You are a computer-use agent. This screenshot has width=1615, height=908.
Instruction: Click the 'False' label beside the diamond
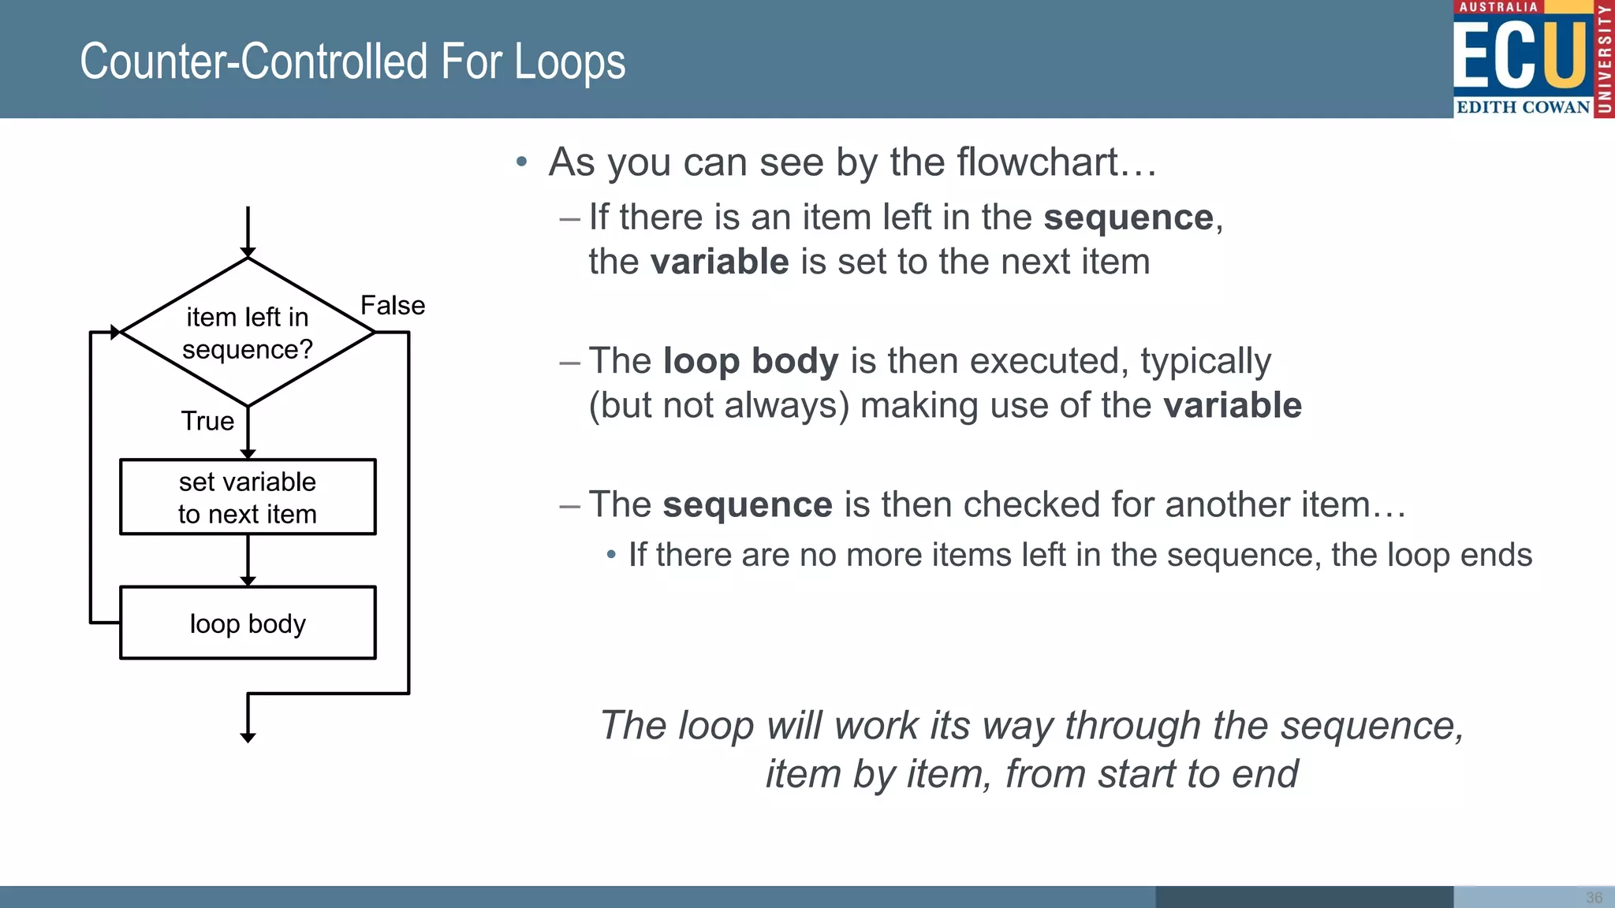(x=392, y=306)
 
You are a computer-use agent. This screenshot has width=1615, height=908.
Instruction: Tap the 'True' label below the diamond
(x=207, y=421)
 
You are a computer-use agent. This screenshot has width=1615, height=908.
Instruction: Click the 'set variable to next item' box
(x=248, y=497)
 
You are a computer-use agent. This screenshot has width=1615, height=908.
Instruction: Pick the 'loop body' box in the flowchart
(x=248, y=623)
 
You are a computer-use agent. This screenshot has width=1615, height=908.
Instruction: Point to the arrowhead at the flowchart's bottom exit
(x=248, y=738)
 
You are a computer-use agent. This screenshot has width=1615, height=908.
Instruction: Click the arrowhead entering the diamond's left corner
(x=116, y=333)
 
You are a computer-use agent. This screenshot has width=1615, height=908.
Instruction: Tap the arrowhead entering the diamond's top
(x=248, y=252)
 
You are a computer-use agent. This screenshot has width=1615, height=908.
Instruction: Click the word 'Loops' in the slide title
(x=569, y=62)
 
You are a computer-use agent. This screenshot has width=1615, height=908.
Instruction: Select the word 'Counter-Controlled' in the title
(x=253, y=62)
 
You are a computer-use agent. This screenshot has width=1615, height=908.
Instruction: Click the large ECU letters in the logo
(x=1519, y=55)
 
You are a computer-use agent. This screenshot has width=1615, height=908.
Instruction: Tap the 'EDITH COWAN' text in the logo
(x=1522, y=107)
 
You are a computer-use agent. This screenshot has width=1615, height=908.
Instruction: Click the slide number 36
(x=1594, y=898)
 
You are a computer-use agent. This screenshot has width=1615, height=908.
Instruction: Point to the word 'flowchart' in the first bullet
(x=1038, y=162)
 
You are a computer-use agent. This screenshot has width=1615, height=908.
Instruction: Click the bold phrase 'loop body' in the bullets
(x=751, y=362)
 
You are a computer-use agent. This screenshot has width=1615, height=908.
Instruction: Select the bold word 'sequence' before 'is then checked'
(x=747, y=505)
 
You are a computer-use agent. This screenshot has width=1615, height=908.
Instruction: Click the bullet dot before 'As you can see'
(x=520, y=162)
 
